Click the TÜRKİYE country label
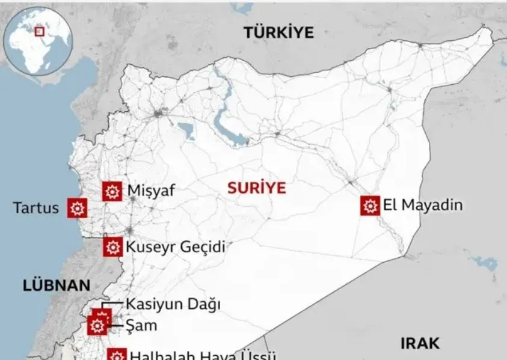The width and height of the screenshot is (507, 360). (x=278, y=33)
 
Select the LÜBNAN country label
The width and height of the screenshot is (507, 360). (x=56, y=285)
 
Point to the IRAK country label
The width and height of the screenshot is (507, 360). (x=420, y=344)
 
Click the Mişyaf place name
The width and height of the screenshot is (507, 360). (x=151, y=191)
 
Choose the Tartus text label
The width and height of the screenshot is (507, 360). (x=36, y=208)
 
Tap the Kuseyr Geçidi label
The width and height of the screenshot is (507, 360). (x=175, y=246)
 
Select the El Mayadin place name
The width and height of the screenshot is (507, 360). (x=423, y=205)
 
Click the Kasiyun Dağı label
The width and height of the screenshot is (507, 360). (x=173, y=304)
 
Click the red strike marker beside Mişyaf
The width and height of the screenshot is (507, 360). (x=111, y=191)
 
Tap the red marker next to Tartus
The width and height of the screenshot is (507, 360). (x=77, y=208)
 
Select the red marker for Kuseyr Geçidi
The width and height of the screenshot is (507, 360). (x=112, y=246)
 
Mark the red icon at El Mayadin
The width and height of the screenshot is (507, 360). (x=370, y=206)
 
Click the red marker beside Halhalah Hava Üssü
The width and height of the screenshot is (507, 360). (x=117, y=355)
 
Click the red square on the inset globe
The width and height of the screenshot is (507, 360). (x=39, y=31)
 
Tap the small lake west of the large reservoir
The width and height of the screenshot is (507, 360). (x=186, y=129)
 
